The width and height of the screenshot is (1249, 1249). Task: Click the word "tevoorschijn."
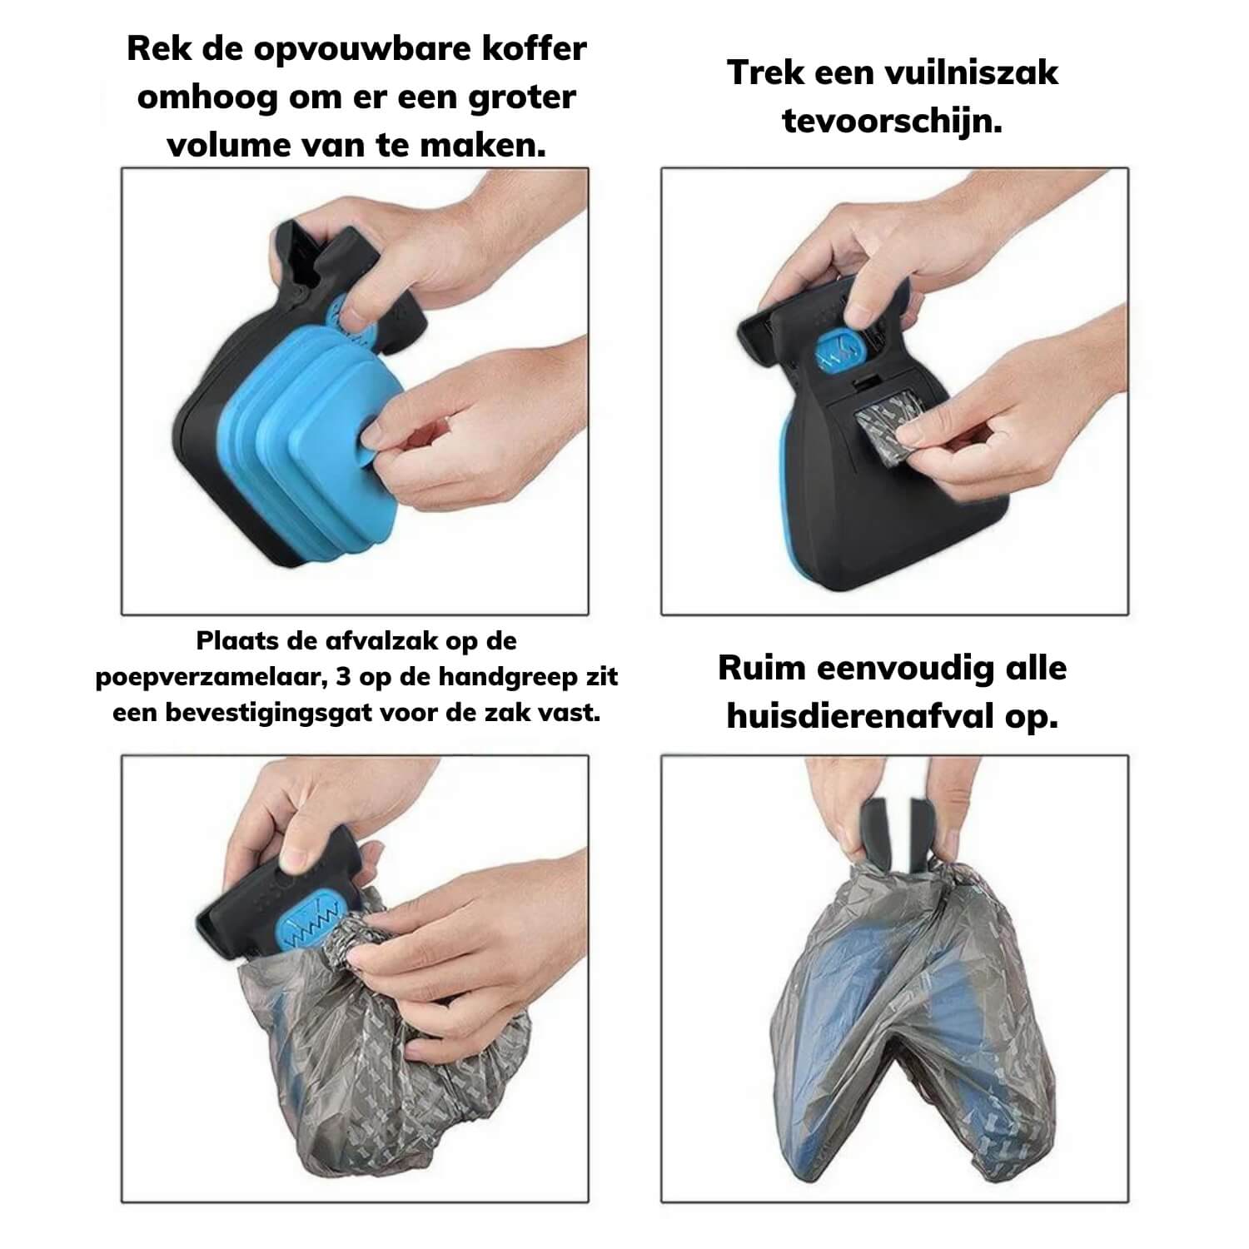point(892,122)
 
